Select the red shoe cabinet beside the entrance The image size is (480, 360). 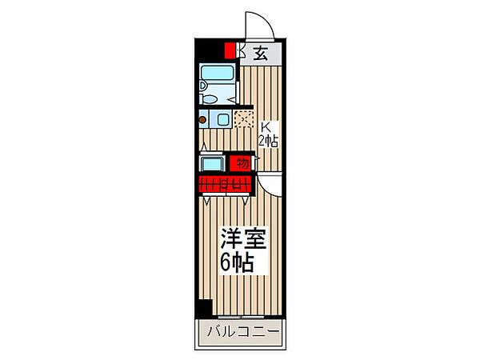coord(230,51)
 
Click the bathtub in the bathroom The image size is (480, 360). coord(217,73)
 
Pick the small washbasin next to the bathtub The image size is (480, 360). coord(202,85)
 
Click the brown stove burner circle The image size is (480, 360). coord(202,120)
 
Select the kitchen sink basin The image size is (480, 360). coord(223,119)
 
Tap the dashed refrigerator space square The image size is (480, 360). coord(244,119)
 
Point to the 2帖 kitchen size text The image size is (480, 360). coord(268,141)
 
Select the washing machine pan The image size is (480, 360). coord(212,163)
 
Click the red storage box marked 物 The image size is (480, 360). coord(242,163)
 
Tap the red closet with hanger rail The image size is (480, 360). coord(226,185)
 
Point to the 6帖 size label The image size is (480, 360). coord(237,262)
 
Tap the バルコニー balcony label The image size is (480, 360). coord(244,332)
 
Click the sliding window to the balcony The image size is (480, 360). coord(241,317)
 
